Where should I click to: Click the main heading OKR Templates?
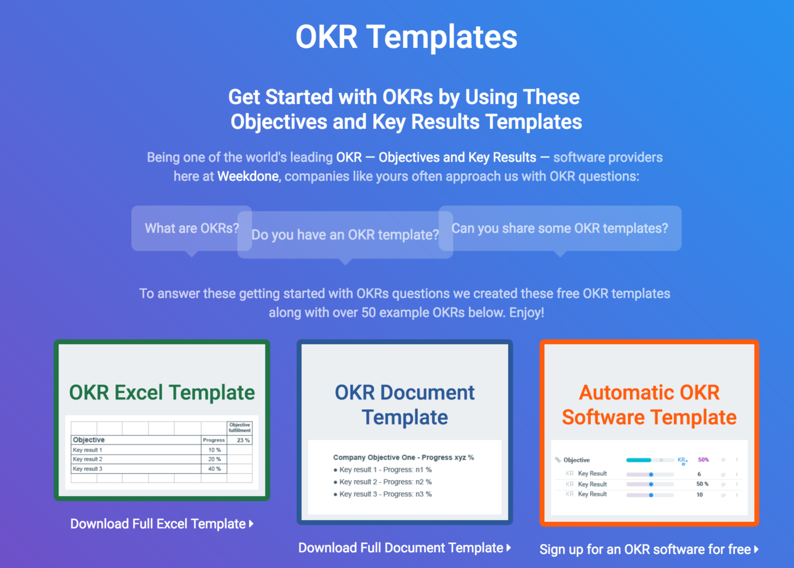point(406,37)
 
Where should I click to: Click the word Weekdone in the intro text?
point(248,176)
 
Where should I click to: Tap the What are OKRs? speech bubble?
point(192,228)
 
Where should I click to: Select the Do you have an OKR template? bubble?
point(345,235)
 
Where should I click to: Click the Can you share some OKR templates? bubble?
point(560,228)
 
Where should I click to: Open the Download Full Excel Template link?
point(158,524)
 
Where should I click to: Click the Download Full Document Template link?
point(401,548)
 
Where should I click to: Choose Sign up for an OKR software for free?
point(645,549)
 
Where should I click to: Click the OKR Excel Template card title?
point(162,392)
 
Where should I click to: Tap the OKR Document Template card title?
point(404,405)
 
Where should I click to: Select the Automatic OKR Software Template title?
point(649,405)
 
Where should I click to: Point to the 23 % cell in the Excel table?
point(243,440)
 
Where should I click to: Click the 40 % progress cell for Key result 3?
point(214,469)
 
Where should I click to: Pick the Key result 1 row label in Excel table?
point(87,450)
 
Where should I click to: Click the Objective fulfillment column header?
point(240,427)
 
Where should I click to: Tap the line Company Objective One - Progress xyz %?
point(403,457)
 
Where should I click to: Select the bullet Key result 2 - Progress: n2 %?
point(385,482)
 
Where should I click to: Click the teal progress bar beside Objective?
point(639,460)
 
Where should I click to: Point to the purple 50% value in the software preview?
point(703,460)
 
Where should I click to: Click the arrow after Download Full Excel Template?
point(251,524)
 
